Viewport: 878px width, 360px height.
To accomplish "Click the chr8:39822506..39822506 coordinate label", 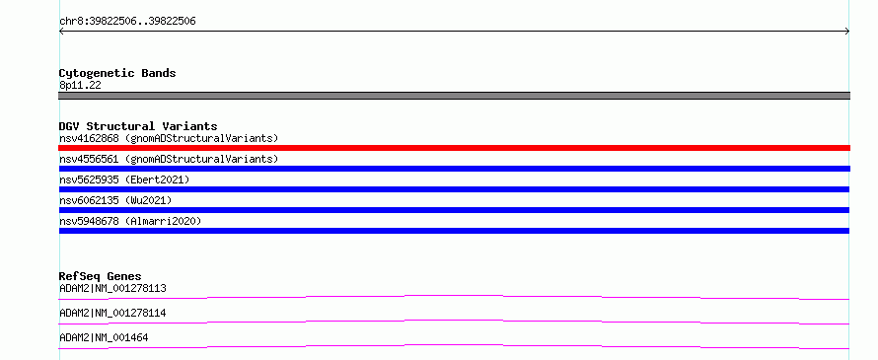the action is coord(127,22).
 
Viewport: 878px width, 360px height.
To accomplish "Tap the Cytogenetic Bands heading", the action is coord(117,73).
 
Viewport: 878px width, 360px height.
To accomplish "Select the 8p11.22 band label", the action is coord(80,85).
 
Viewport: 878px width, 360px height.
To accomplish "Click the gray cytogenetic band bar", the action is coord(454,96).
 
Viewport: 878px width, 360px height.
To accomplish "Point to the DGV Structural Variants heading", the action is coord(138,126).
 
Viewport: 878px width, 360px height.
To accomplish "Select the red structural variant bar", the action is coord(454,148).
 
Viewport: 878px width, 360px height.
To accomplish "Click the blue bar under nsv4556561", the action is coord(454,169).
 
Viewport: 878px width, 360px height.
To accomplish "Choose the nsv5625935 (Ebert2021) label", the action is coord(124,180).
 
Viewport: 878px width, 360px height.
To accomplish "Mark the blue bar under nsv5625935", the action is coord(454,189).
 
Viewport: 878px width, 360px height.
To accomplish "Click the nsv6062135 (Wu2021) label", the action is coord(115,200).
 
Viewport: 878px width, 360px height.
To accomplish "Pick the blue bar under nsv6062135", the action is coord(454,210).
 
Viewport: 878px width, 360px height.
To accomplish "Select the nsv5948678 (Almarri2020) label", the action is coord(130,221).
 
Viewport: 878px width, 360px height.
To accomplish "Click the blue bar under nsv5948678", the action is coord(454,231).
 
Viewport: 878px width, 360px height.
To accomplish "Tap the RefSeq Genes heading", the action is coord(101,276).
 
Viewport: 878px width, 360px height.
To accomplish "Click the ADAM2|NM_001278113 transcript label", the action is coord(112,289).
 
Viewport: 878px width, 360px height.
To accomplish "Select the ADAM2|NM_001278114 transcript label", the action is coord(112,313).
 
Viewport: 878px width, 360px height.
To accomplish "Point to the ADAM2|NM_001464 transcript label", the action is coord(104,337).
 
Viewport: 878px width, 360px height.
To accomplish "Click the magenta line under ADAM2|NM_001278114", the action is coord(454,321).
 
